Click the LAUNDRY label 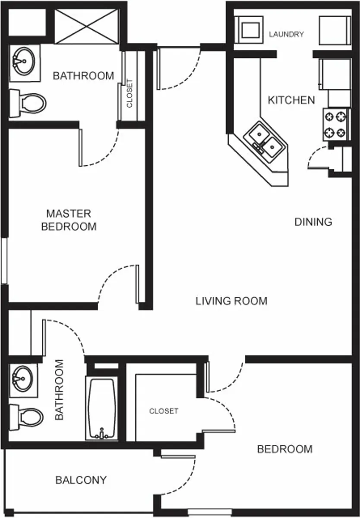[286, 35]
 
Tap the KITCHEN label [291, 100]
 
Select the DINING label [313, 222]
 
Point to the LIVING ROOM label [231, 301]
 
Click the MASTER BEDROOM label [69, 220]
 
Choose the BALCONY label [81, 480]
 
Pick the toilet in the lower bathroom [27, 417]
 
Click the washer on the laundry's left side [249, 29]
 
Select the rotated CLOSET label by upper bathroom [130, 93]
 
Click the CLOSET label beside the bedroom [164, 411]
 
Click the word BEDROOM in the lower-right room [284, 449]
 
